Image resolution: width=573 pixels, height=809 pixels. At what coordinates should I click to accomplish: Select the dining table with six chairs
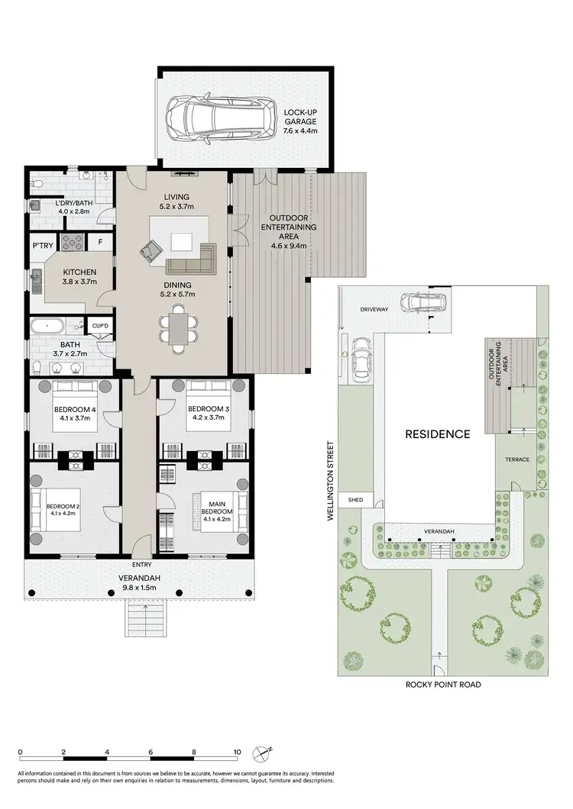pyautogui.click(x=178, y=328)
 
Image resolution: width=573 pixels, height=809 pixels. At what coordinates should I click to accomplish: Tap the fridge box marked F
pyautogui.click(x=99, y=243)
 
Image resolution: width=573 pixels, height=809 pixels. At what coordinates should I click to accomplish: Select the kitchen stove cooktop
pyautogui.click(x=72, y=243)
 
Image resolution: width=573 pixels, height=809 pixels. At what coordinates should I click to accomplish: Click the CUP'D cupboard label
pyautogui.click(x=100, y=326)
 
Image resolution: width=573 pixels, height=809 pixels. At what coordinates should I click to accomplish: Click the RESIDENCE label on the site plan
pyautogui.click(x=437, y=434)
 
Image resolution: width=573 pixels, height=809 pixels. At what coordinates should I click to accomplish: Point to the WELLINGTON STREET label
pyautogui.click(x=331, y=481)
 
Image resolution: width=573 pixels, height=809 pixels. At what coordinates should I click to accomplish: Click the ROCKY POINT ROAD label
pyautogui.click(x=443, y=685)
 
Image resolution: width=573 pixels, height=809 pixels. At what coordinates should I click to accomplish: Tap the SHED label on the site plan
pyautogui.click(x=354, y=501)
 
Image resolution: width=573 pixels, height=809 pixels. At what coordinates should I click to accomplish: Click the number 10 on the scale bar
pyautogui.click(x=238, y=751)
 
